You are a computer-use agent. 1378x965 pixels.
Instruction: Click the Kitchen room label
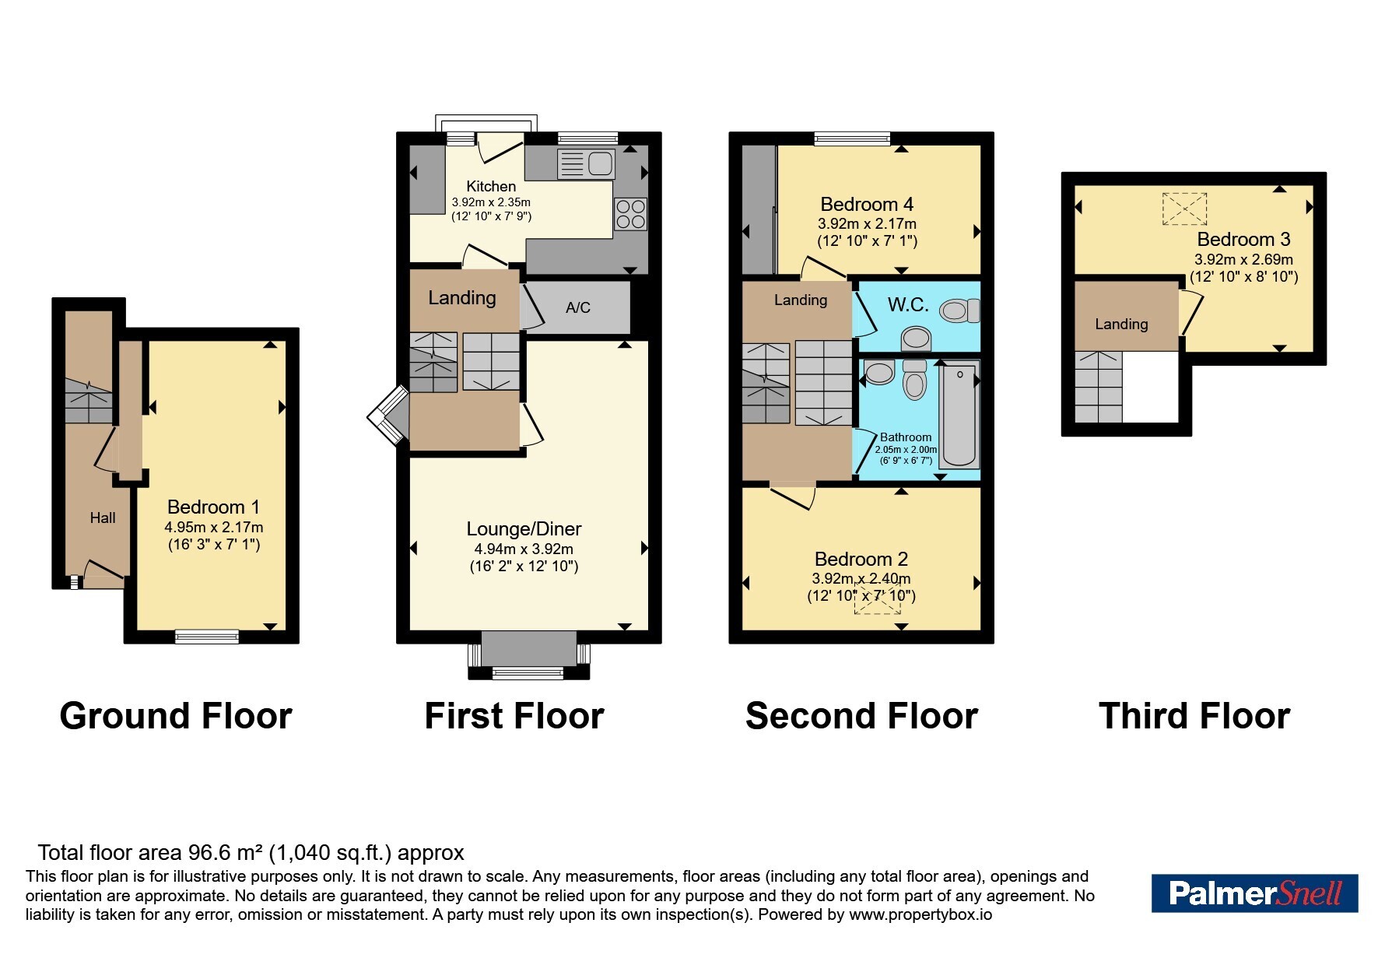pos(491,186)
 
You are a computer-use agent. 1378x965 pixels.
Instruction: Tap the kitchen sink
pos(587,164)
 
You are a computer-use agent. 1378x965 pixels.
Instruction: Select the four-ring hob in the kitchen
pos(630,214)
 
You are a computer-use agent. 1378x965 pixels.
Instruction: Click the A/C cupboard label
pos(577,307)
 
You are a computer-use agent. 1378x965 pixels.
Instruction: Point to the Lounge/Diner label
pos(524,529)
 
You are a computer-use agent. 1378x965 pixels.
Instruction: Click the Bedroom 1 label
pos(213,507)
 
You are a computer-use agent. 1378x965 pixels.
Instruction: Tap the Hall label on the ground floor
pos(103,518)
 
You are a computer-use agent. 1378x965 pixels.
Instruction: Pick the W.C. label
pos(908,304)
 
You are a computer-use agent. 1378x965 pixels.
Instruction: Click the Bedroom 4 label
pos(867,205)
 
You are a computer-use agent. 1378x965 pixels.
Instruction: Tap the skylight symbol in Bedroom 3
pos(1184,209)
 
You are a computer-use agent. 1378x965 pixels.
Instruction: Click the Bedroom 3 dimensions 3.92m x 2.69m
pos(1243,259)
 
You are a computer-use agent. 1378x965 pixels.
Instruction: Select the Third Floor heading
pos(1194,716)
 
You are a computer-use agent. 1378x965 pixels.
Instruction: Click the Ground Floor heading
pos(176,716)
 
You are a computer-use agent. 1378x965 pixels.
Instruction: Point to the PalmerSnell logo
pos(1254,893)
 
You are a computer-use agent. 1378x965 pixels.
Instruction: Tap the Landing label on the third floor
pos(1121,324)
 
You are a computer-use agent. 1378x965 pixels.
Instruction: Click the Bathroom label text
pos(906,437)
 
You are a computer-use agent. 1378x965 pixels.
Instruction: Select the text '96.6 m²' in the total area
pos(225,853)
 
